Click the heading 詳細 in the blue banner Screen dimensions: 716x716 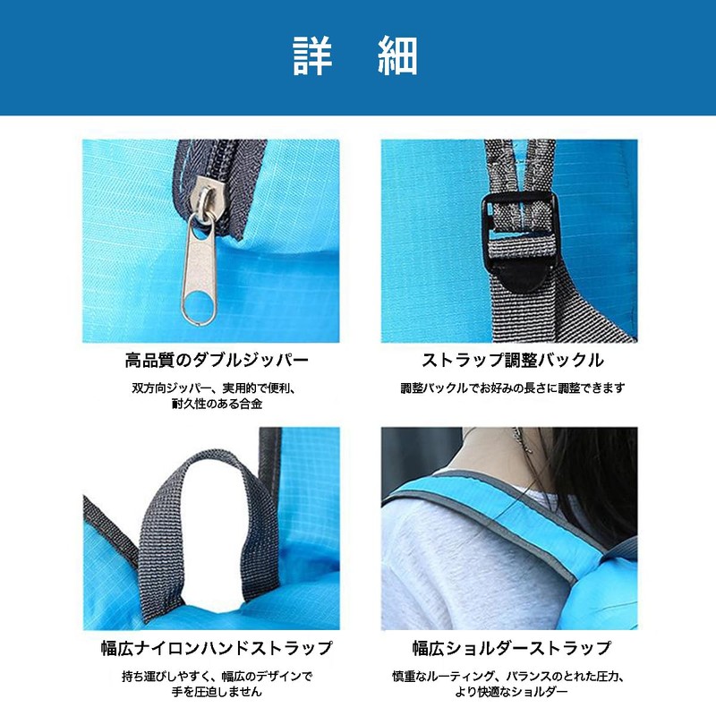pyautogui.click(x=354, y=55)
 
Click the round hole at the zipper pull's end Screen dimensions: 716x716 pyautogui.click(x=199, y=306)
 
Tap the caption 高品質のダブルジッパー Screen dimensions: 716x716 pyautogui.click(x=217, y=361)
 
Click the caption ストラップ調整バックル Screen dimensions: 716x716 pyautogui.click(x=512, y=361)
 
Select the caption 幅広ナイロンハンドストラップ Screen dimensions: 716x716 pyautogui.click(x=217, y=648)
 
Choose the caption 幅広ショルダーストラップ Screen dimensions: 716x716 pyautogui.click(x=511, y=648)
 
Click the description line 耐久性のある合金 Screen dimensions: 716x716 pyautogui.click(x=217, y=404)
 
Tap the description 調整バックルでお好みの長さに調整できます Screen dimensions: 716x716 pyautogui.click(x=512, y=388)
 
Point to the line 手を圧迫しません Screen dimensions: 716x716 pyautogui.click(x=217, y=692)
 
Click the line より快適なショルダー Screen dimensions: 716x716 pyautogui.click(x=511, y=692)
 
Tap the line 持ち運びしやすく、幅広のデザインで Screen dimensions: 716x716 pyautogui.click(x=217, y=677)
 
